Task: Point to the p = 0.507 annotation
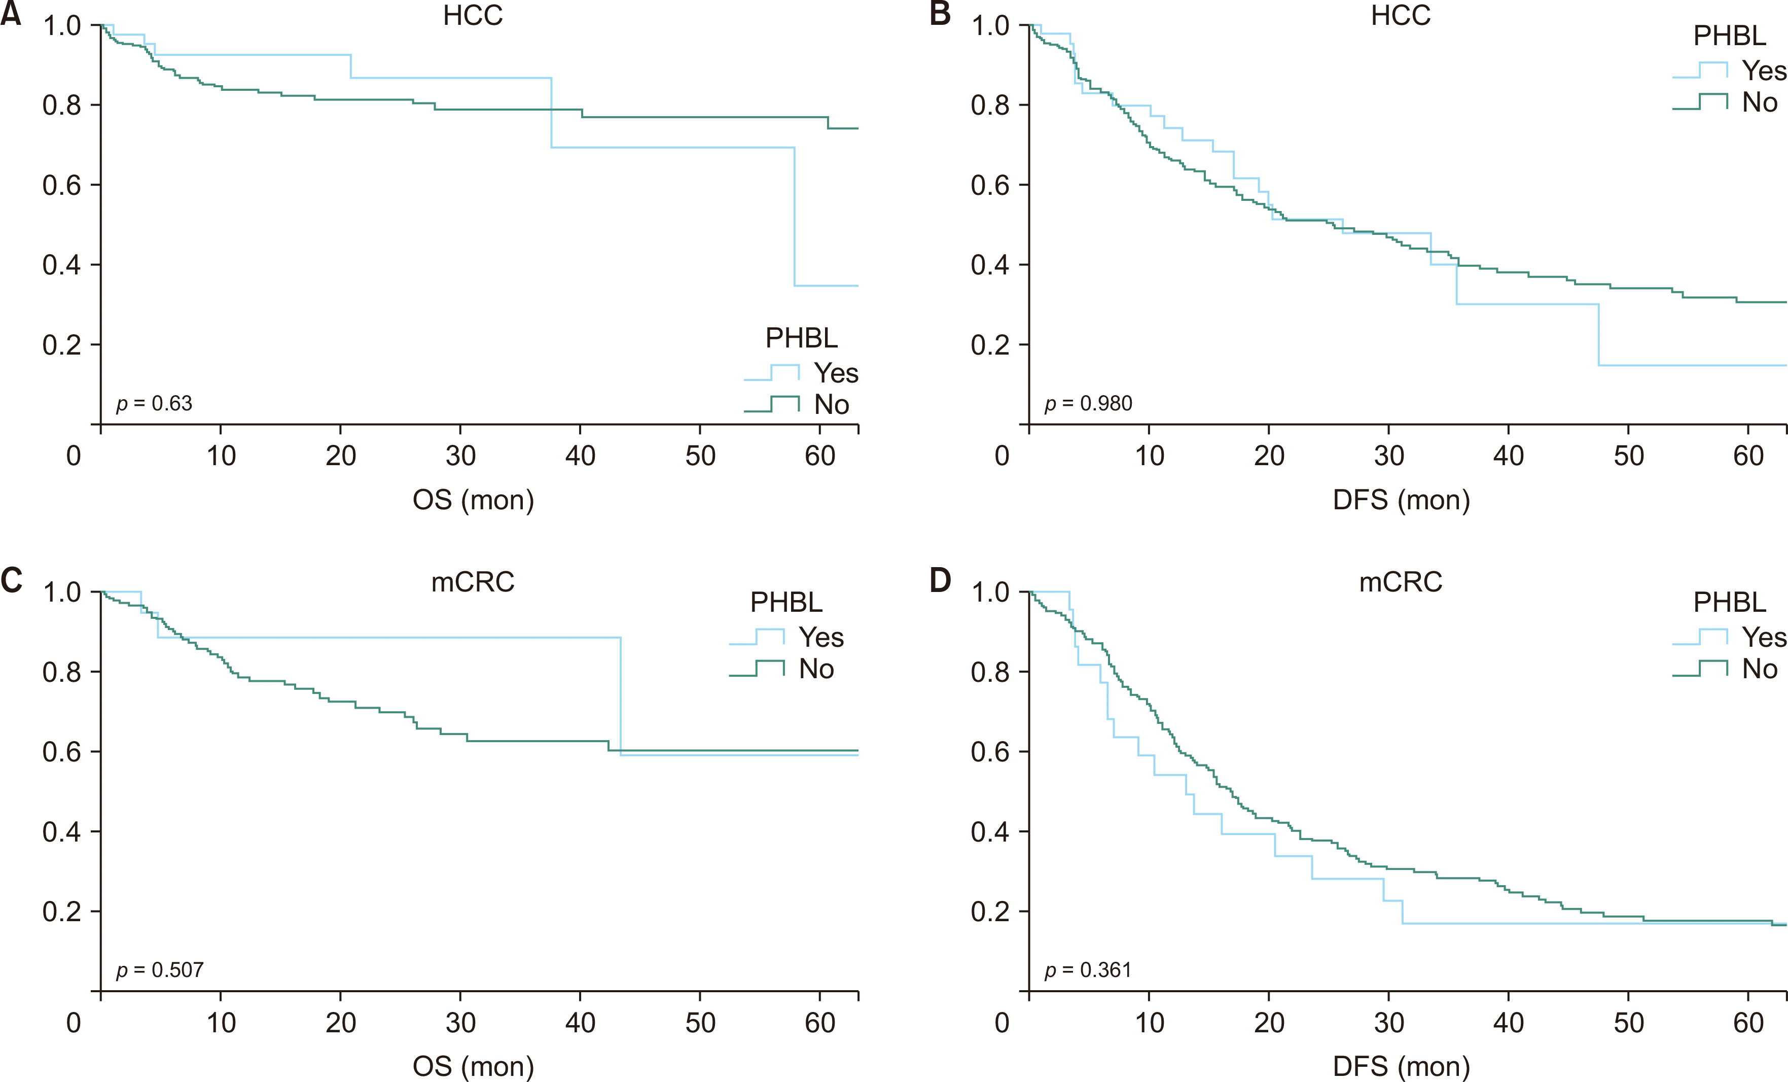(x=160, y=970)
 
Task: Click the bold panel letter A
(x=11, y=15)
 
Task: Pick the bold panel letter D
(x=941, y=580)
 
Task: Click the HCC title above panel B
(x=1401, y=15)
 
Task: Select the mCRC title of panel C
(x=473, y=582)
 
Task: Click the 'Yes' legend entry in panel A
(x=836, y=373)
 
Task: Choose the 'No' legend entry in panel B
(x=1760, y=102)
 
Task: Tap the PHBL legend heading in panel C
(x=786, y=602)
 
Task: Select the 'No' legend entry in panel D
(x=1760, y=669)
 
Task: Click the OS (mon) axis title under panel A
(x=473, y=500)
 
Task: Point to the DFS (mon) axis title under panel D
(x=1401, y=1067)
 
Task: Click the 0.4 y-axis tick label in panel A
(x=62, y=265)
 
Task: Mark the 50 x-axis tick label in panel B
(x=1628, y=456)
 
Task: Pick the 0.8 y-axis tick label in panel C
(x=62, y=672)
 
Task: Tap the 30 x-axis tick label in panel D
(x=1389, y=1023)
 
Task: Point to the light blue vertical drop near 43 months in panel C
(x=621, y=696)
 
